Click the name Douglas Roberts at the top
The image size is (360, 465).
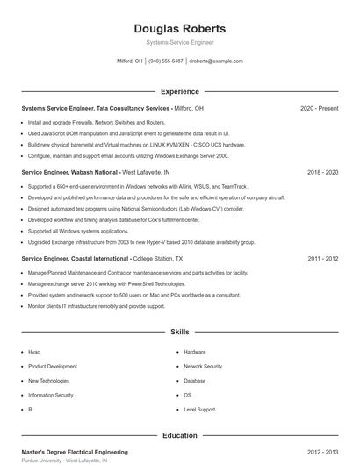179,29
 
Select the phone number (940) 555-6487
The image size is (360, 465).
166,61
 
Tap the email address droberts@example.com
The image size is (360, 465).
216,61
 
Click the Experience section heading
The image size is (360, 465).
179,91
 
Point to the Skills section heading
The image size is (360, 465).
179,333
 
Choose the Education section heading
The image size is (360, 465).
179,435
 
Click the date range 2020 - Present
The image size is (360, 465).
319,108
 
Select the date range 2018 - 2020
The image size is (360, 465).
322,173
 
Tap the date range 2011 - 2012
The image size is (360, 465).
322,260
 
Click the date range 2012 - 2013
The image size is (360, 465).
322,452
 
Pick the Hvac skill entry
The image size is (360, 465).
34,352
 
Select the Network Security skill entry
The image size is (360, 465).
203,366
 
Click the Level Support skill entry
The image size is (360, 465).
199,409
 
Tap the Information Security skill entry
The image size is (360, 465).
51,395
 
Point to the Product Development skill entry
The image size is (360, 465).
53,366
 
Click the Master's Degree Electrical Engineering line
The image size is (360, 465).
75,452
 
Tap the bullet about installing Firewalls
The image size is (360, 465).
97,123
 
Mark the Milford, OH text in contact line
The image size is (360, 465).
129,61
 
